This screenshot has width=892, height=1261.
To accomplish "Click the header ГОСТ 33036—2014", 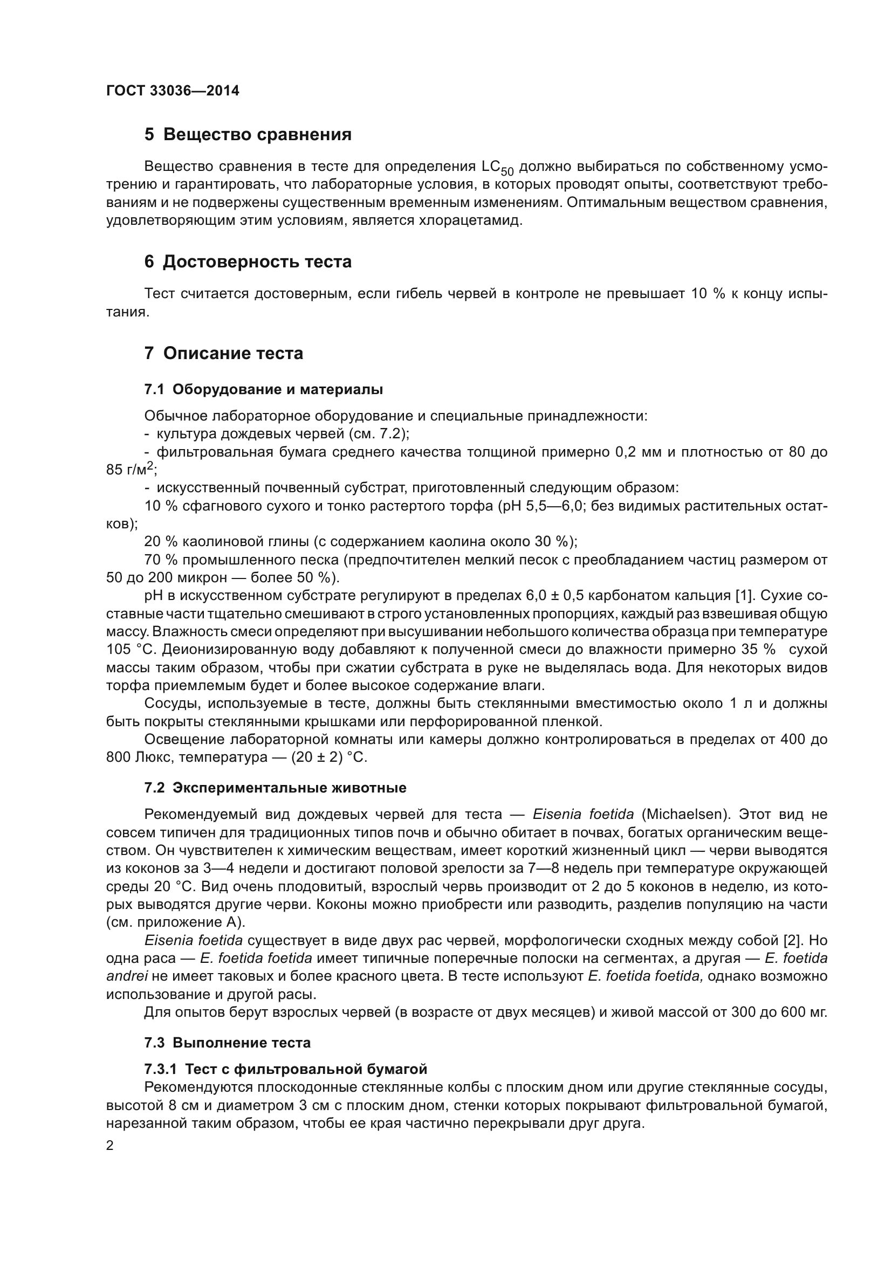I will coord(173,91).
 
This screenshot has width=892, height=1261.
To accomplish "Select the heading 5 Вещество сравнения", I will coord(248,135).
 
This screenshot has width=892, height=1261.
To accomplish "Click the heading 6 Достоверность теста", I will coord(248,262).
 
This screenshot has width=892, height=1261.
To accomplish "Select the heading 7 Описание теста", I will coord(224,353).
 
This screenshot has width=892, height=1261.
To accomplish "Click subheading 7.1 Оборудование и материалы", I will coord(264,389).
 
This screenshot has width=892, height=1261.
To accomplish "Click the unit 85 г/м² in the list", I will coord(131,470).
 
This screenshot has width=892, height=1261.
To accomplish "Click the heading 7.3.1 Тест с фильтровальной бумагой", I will coord(286,1069).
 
